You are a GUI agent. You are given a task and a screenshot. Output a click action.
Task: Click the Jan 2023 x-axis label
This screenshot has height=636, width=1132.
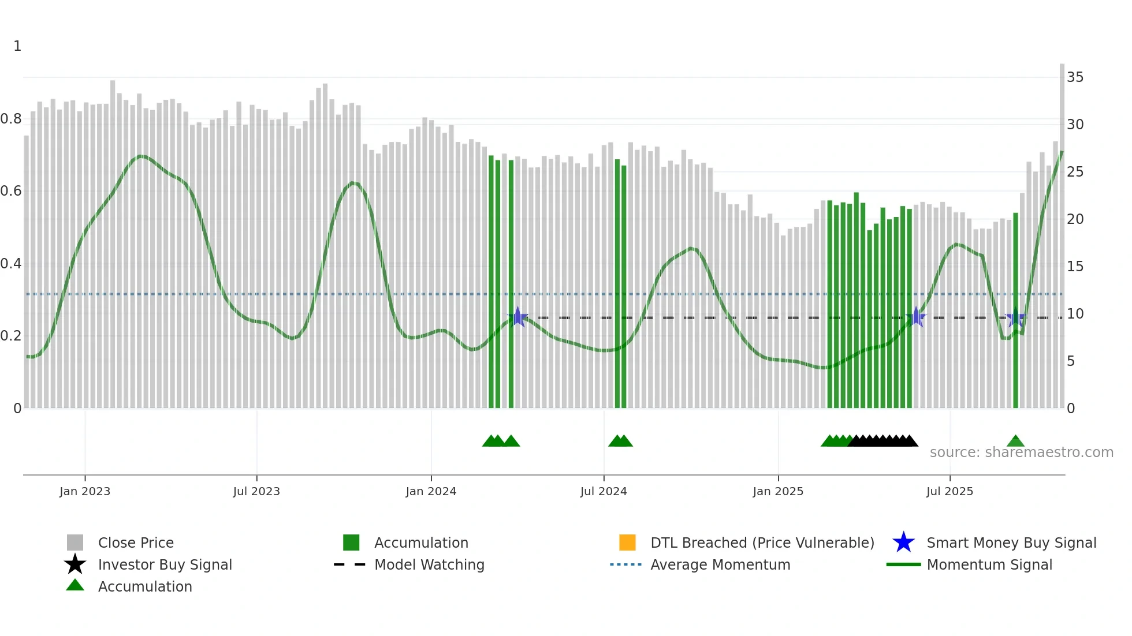84,491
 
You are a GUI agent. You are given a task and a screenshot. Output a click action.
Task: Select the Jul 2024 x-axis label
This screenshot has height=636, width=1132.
603,491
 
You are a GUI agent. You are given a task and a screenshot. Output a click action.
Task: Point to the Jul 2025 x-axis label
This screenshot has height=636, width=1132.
949,491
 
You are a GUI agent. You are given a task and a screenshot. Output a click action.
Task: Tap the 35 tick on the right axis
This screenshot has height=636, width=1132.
1075,77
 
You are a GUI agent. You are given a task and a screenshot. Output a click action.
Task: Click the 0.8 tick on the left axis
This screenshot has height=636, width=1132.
11,119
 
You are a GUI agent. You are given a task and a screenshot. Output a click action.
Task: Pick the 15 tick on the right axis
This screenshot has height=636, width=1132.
1075,267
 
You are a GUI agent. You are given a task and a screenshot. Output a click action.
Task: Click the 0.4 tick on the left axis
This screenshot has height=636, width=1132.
11,264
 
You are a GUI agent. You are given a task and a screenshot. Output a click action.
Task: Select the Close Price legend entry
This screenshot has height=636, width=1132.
136,543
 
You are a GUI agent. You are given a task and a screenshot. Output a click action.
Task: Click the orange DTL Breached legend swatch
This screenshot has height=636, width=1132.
627,543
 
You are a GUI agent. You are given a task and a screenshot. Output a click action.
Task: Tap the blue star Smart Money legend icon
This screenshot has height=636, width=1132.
903,543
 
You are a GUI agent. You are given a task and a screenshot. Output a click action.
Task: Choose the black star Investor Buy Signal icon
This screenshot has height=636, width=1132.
75,564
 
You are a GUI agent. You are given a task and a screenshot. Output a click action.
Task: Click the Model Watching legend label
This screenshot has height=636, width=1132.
429,564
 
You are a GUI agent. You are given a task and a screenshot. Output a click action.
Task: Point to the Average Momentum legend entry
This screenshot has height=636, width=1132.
720,564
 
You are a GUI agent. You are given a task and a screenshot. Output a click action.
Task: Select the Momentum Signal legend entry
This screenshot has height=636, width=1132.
989,564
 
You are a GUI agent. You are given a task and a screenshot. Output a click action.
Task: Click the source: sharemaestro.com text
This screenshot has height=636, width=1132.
1021,452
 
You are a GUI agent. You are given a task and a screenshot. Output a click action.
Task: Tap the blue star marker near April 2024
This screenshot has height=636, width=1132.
517,317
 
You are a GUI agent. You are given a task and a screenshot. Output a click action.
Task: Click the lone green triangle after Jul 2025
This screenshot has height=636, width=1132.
1015,442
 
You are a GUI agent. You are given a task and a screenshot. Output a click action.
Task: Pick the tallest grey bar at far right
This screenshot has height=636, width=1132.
1062,231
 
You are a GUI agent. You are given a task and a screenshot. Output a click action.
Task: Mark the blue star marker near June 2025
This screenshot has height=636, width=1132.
916,317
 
